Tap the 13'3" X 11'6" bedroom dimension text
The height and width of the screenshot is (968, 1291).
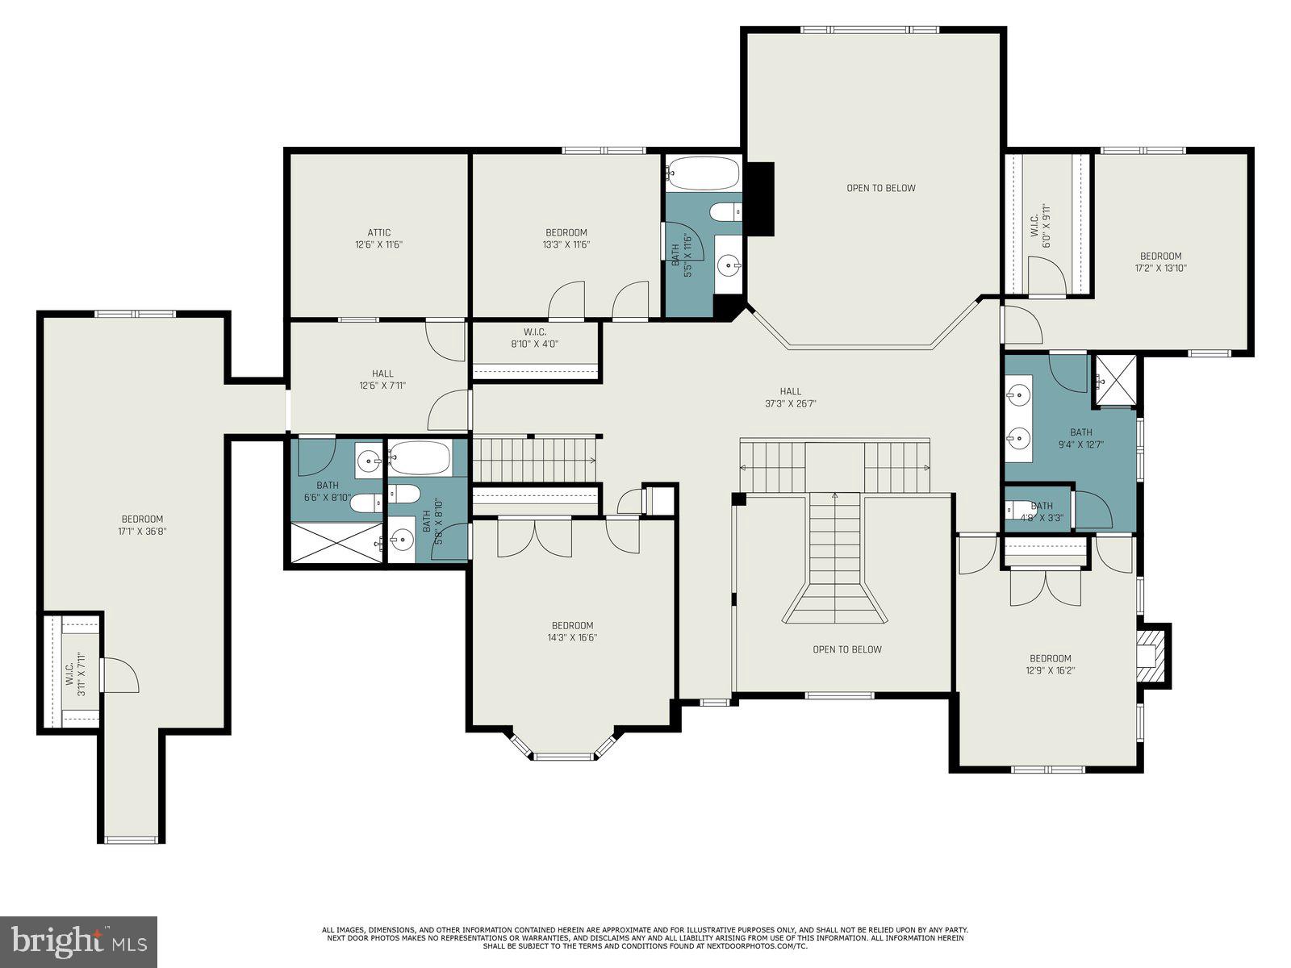[x=566, y=244]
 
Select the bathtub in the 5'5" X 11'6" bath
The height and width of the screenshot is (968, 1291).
[x=703, y=173]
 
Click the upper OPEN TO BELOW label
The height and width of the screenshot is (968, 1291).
[x=880, y=188]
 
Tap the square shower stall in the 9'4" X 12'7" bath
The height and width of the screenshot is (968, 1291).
[x=1116, y=379]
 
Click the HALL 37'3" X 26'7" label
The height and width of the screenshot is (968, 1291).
[x=790, y=398]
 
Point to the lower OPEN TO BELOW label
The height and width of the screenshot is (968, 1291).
[x=846, y=649]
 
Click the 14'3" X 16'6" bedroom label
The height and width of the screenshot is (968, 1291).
[x=572, y=631]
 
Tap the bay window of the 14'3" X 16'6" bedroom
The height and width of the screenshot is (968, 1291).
[x=562, y=753]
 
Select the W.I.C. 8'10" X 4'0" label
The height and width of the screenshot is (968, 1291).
[x=534, y=337]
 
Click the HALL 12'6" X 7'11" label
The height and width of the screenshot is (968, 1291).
[x=382, y=379]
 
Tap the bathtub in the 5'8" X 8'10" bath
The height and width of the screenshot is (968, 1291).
[x=420, y=457]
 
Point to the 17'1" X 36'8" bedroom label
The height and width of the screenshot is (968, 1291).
[x=142, y=524]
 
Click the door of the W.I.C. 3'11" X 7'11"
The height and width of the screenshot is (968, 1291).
[x=120, y=675]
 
